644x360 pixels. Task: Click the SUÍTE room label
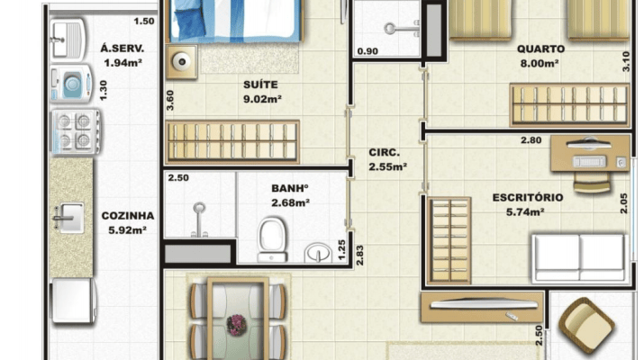[260, 85]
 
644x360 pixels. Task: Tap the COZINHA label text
[128, 216]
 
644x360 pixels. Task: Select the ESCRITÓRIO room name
[528, 198]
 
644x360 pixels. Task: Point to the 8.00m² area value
[540, 64]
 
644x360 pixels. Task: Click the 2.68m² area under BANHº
[290, 202]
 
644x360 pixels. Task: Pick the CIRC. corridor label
[384, 153]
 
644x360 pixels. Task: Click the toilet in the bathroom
[272, 239]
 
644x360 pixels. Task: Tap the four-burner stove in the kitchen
[75, 131]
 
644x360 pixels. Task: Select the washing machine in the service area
[70, 85]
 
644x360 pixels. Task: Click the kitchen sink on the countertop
[70, 218]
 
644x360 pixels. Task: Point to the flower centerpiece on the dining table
[237, 325]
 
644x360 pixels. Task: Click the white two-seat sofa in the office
[579, 258]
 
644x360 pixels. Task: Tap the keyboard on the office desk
[589, 162]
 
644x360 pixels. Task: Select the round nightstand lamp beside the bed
[182, 61]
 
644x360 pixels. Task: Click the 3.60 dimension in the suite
[170, 101]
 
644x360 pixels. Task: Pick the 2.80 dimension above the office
[531, 140]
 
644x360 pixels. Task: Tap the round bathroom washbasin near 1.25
[318, 253]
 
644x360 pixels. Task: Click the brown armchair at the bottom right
[587, 326]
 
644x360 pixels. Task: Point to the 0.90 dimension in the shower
[367, 51]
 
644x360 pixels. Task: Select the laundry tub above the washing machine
[68, 40]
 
